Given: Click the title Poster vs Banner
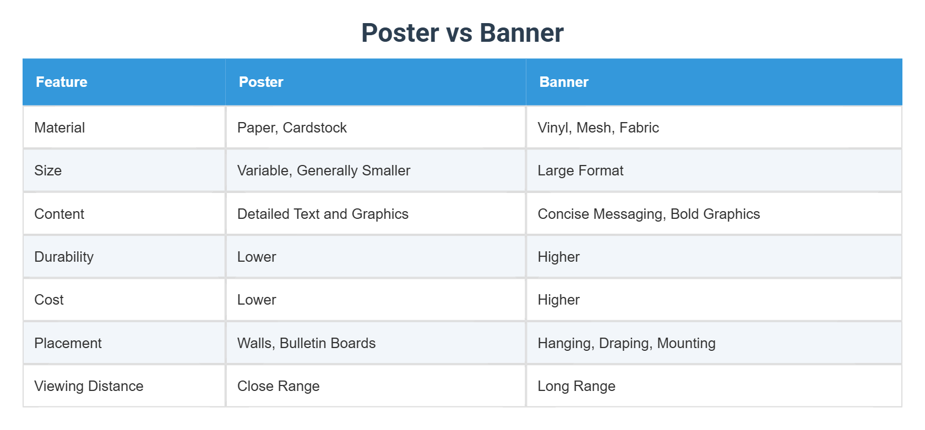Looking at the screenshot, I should coord(463,33).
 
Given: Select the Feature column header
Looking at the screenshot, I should coord(62,82).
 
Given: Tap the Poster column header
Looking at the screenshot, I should coord(261,82).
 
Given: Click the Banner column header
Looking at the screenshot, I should coord(564,82).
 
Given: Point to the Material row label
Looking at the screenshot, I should coord(59,128).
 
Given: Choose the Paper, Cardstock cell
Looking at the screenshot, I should coord(292,128).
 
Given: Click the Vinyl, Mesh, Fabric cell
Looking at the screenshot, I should coord(598,128).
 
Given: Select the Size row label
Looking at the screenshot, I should coord(48,170).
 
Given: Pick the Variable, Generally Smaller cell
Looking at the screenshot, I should coord(324,170).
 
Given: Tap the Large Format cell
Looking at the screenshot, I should coord(580,170).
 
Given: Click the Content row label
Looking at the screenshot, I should coord(59,214).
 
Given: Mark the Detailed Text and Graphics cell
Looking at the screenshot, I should coord(323,214).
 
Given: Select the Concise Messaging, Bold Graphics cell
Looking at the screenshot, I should coord(649,214).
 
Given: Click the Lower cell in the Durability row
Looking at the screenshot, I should coord(257,257).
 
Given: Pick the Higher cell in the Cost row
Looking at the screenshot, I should coord(558,300).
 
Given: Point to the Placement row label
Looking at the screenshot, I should coord(68,343).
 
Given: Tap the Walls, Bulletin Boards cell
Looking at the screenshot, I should coord(306,343).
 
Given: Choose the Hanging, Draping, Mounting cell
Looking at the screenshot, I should coord(627,343).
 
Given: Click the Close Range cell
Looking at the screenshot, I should coord(278,386).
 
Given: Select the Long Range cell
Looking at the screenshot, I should coord(576,386).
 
